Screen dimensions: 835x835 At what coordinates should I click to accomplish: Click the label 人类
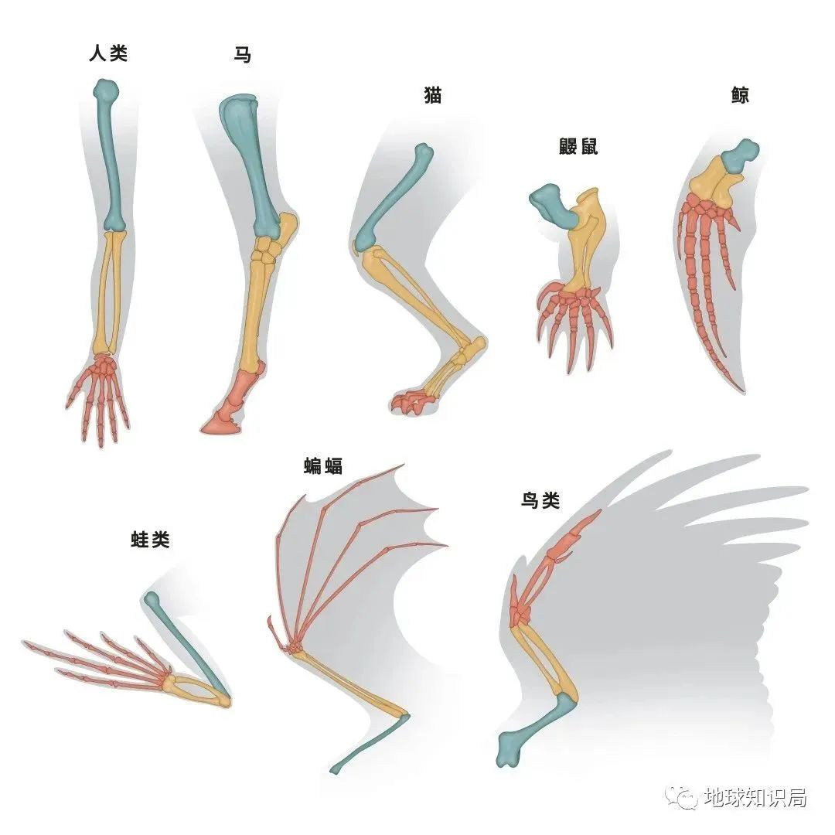pyautogui.click(x=107, y=54)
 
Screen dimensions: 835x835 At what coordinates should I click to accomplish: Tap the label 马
pyautogui.click(x=243, y=55)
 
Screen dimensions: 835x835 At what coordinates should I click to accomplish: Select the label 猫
pyautogui.click(x=432, y=97)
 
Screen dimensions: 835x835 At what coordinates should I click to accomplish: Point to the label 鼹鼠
pyautogui.click(x=578, y=147)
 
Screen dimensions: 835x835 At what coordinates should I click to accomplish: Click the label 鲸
pyautogui.click(x=739, y=96)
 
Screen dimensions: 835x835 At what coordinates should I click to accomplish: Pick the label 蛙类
pyautogui.click(x=150, y=540)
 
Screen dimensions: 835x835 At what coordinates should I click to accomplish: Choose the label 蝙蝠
pyautogui.click(x=323, y=465)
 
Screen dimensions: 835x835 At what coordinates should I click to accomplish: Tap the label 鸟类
pyautogui.click(x=540, y=500)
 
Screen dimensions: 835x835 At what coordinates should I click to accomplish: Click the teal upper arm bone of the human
pyautogui.click(x=110, y=155)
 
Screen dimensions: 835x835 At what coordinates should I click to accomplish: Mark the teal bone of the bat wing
pyautogui.click(x=371, y=746)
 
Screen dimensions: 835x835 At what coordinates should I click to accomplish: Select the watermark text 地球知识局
pyautogui.click(x=755, y=797)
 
